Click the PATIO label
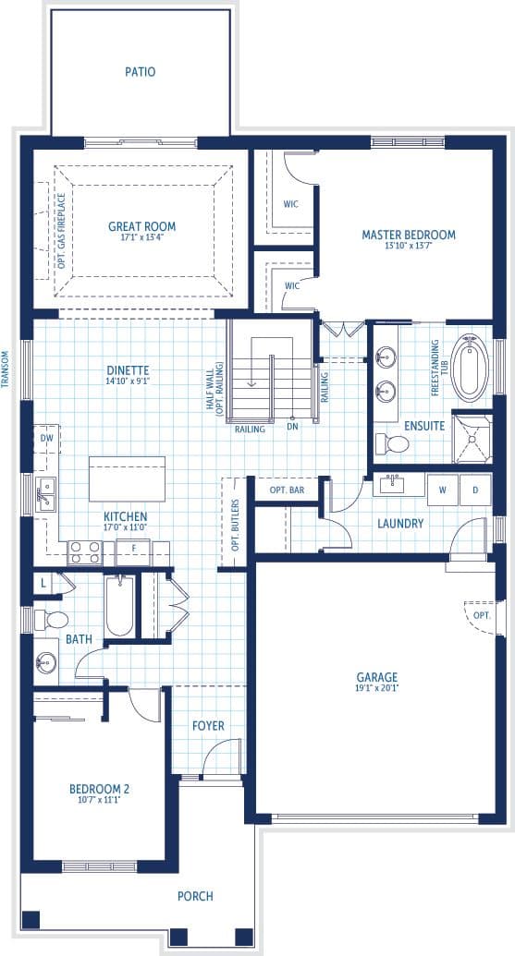coord(141,72)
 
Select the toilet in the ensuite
coord(392,444)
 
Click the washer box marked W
coord(443,490)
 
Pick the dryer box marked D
coord(475,490)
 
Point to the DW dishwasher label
coord(46,438)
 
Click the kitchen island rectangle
coord(128,478)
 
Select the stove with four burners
coord(85,553)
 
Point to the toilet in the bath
coord(51,621)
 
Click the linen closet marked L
coord(43,584)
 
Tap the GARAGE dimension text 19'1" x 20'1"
coord(377,688)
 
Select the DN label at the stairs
coord(293,427)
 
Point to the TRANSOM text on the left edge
coord(5,369)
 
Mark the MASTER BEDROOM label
coord(409,235)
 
